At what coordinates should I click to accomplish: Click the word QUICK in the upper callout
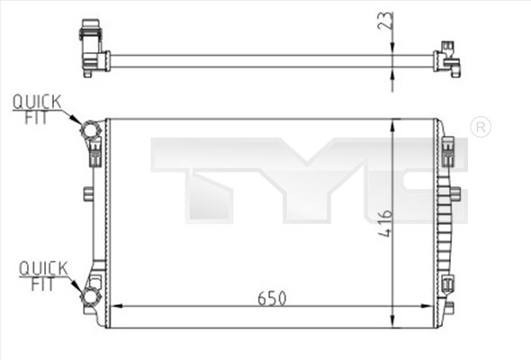[37, 102]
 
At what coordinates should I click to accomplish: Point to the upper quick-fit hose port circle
[90, 132]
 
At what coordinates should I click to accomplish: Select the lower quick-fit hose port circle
[90, 298]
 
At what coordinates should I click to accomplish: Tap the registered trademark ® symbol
[481, 127]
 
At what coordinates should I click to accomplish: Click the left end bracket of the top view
[91, 49]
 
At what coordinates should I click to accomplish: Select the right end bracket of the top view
[446, 60]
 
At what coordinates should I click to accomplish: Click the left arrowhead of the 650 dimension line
[112, 308]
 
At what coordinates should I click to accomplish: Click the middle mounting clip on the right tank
[454, 193]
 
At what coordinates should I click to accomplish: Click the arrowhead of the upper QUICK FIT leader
[79, 125]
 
